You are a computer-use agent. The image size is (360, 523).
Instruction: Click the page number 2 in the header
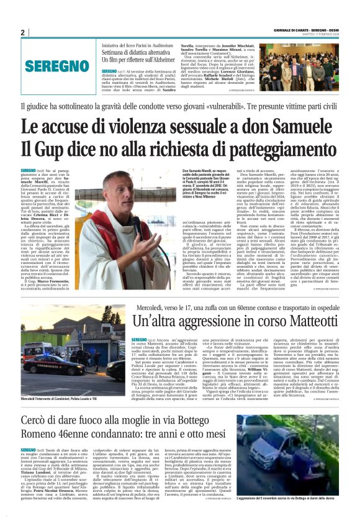point(22,33)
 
